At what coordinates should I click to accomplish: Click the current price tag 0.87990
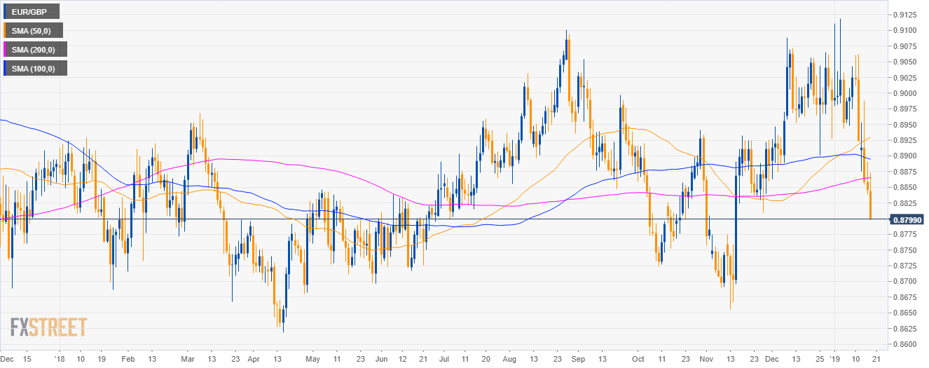[907, 219]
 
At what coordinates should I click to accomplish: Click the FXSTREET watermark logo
[48, 327]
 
